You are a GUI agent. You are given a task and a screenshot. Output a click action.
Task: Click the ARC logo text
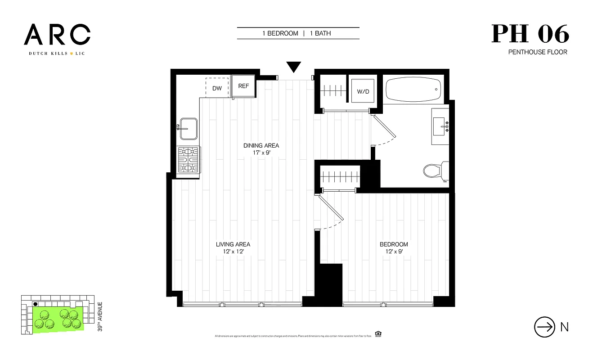coord(57,35)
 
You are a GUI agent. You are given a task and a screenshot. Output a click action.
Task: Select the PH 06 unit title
coord(530,34)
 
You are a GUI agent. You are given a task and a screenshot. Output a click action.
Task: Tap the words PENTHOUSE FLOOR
coord(537,52)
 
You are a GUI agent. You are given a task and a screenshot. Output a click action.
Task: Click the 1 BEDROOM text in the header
coord(280,33)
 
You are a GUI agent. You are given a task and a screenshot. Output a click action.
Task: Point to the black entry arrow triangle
coord(294,67)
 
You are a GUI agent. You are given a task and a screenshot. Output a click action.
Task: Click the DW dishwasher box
coord(217,87)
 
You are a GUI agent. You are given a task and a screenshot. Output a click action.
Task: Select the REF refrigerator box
coord(243,86)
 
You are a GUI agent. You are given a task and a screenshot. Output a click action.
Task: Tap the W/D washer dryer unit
coord(363,91)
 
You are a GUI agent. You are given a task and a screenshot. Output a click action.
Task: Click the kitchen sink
coord(188,129)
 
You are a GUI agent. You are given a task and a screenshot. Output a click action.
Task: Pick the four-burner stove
coord(189,160)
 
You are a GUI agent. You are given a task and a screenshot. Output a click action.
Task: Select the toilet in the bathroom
coord(435,171)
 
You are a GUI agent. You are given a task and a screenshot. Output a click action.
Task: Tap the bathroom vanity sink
coord(440,126)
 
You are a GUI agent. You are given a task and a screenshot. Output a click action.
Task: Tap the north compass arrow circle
coord(544,327)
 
